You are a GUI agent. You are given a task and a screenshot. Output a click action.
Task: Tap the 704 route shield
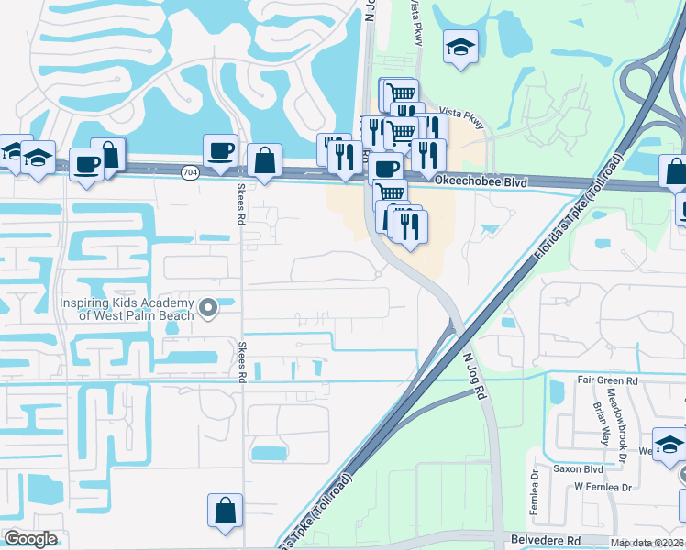190,171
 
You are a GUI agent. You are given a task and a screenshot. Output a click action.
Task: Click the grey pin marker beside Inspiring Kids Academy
208,308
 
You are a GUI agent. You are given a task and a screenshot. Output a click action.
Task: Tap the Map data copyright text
647,543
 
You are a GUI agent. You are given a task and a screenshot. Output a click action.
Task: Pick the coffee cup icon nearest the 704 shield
220,151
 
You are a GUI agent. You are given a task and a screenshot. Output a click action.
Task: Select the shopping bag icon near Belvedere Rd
225,511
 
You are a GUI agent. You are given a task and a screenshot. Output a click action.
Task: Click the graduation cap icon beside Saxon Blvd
669,445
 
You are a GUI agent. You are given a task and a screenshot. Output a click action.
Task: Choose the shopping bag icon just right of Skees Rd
264,160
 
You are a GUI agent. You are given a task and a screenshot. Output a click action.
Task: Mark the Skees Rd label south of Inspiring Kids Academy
242,362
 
